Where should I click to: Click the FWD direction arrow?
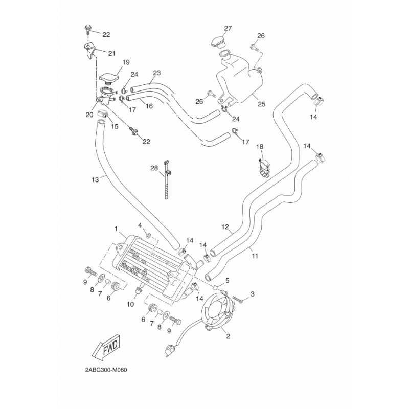(x=104, y=350)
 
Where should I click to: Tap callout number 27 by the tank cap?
(x=228, y=28)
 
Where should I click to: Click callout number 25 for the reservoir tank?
(x=261, y=104)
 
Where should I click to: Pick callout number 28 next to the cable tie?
(x=154, y=168)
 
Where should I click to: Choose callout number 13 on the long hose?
(x=95, y=179)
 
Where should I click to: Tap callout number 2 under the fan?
(x=228, y=336)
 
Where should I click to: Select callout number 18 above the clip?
(x=259, y=147)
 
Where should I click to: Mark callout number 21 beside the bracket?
(x=111, y=52)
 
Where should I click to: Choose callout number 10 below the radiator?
(x=130, y=304)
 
